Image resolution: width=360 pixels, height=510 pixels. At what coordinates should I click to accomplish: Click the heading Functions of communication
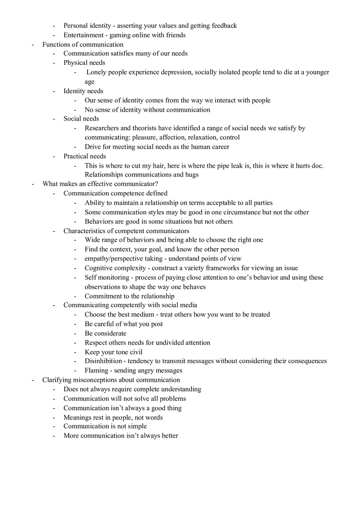pos(83,45)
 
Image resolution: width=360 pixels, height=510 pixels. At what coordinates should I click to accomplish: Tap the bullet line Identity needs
pos(83,91)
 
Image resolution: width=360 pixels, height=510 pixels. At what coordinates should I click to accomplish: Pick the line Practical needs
pos(84,156)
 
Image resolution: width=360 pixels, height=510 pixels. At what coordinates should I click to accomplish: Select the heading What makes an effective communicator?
pos(100,184)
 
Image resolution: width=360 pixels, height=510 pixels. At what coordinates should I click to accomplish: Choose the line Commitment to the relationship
pos(129,296)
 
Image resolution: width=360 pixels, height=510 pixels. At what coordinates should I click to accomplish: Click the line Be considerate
pos(105,333)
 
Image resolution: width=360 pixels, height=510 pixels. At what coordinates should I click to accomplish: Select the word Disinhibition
pos(103,361)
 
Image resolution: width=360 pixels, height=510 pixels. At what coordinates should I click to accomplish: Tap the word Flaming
pos(96,371)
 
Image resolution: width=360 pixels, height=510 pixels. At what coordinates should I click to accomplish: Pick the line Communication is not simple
pos(105,426)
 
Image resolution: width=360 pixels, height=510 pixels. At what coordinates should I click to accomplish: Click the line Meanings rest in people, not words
pos(113,418)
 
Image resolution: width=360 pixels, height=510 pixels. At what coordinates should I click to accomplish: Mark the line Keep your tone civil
pos(113,352)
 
